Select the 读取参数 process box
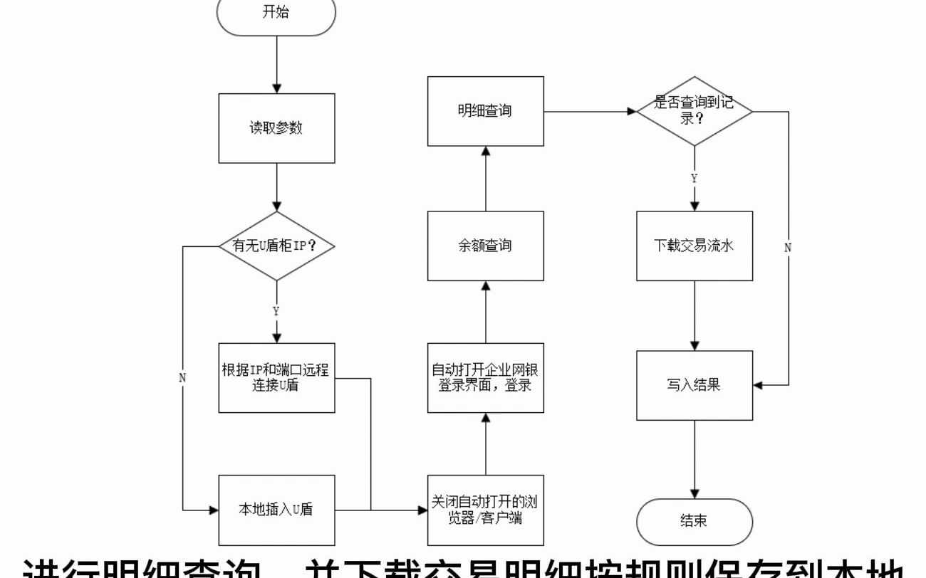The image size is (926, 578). click(x=276, y=128)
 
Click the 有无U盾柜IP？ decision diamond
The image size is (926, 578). click(x=276, y=246)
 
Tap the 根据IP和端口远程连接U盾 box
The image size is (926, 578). click(x=276, y=378)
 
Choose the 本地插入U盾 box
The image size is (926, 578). click(x=276, y=510)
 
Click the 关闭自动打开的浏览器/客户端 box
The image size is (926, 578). click(x=485, y=510)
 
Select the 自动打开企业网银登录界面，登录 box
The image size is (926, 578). click(x=485, y=378)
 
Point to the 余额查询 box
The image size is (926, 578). click(x=485, y=246)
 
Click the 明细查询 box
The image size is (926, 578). click(x=485, y=111)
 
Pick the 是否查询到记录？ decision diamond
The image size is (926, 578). click(x=694, y=112)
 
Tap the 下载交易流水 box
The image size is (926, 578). click(x=694, y=246)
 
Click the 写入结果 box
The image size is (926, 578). click(x=694, y=385)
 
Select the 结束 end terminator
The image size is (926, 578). click(x=694, y=521)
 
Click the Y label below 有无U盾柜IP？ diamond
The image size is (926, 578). click(x=276, y=311)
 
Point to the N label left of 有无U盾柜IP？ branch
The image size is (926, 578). click(x=182, y=378)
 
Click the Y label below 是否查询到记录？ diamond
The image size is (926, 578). click(x=694, y=179)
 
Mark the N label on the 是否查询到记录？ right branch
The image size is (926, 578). click(x=789, y=248)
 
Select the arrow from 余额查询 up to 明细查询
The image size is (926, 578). click(x=485, y=179)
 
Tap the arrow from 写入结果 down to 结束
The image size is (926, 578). click(x=694, y=459)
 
